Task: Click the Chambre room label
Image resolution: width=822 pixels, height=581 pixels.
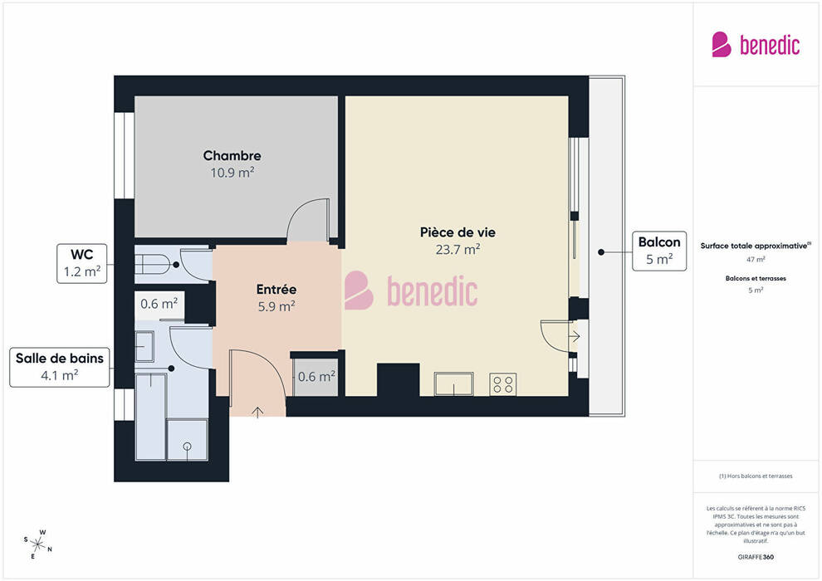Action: (232, 155)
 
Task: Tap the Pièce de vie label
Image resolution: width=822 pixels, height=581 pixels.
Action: (457, 232)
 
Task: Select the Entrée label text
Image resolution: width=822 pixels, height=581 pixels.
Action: (276, 289)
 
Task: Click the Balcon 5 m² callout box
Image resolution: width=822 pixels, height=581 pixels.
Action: (659, 251)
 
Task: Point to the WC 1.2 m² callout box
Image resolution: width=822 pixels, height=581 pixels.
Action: (81, 263)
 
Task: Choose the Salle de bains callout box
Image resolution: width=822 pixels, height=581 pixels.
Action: (59, 367)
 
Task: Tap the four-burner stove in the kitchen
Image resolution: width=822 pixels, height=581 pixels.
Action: (502, 384)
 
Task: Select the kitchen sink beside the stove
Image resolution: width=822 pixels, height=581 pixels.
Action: (454, 384)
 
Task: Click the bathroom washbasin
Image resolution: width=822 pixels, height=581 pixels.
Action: (144, 346)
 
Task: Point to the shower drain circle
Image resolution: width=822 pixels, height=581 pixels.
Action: (187, 447)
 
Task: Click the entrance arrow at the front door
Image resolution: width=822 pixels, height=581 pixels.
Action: (257, 412)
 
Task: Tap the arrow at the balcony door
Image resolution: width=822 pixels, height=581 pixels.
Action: (575, 336)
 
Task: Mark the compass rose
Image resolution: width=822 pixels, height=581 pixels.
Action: (37, 544)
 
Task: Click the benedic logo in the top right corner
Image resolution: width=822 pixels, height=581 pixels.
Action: (756, 45)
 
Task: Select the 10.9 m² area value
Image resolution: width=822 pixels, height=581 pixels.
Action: (232, 173)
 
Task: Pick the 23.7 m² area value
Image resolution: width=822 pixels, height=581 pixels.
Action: (457, 249)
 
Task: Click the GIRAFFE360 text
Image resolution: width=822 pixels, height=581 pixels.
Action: (756, 557)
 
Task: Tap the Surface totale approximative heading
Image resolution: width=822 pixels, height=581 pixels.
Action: (755, 246)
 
